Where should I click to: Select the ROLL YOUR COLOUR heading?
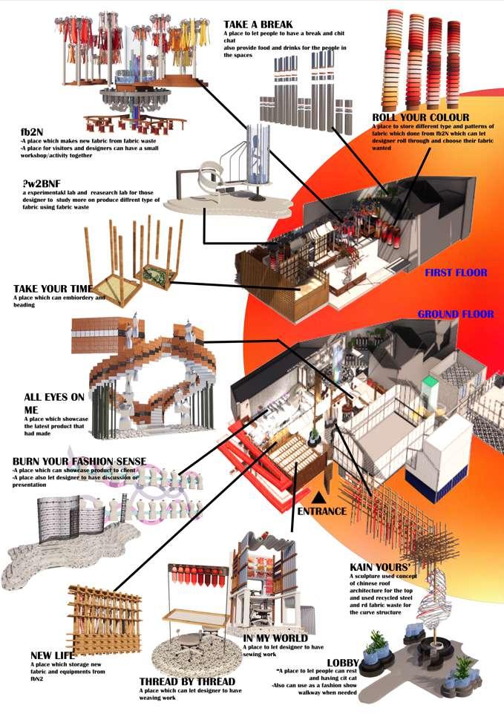coord(421,117)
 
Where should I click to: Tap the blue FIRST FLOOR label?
coord(456,273)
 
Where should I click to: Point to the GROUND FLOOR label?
coord(455,315)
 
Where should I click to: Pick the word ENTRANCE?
coord(321,511)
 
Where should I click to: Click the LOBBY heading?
coord(344,662)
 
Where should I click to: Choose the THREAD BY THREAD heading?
coord(187,681)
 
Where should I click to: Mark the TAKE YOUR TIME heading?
coord(52,288)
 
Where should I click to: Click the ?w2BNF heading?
coord(45,182)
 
